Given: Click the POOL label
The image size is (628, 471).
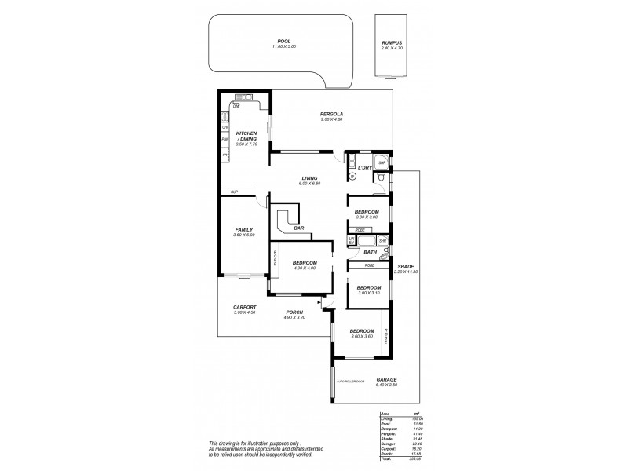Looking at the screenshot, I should pos(284,42).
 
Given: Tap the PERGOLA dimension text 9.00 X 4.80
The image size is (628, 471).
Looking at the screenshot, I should pos(332,119).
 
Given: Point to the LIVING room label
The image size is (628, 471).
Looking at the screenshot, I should pos(309,178).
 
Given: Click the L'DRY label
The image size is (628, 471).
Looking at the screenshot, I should pos(364,168).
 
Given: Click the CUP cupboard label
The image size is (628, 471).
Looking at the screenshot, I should pos(234,192).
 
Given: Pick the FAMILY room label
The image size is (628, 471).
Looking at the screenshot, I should pos(244,230).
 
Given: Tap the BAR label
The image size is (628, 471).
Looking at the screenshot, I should pos(299,228).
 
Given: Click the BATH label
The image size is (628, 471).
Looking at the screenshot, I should pos(370,252).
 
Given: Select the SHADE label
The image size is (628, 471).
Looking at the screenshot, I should pos(406,266).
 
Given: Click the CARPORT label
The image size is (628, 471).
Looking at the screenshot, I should pos(245,307).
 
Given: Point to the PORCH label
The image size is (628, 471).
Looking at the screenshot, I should pos(295,312).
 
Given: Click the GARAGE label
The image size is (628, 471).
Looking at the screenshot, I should pos(387,379).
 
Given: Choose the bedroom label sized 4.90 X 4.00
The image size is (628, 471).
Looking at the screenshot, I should pos(305,262).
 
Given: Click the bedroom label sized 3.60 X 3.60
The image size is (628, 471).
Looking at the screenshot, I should pos(361,331).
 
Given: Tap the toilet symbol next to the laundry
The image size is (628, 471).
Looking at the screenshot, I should pos(379,178).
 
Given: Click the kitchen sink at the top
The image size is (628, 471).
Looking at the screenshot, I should pos(242,97).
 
